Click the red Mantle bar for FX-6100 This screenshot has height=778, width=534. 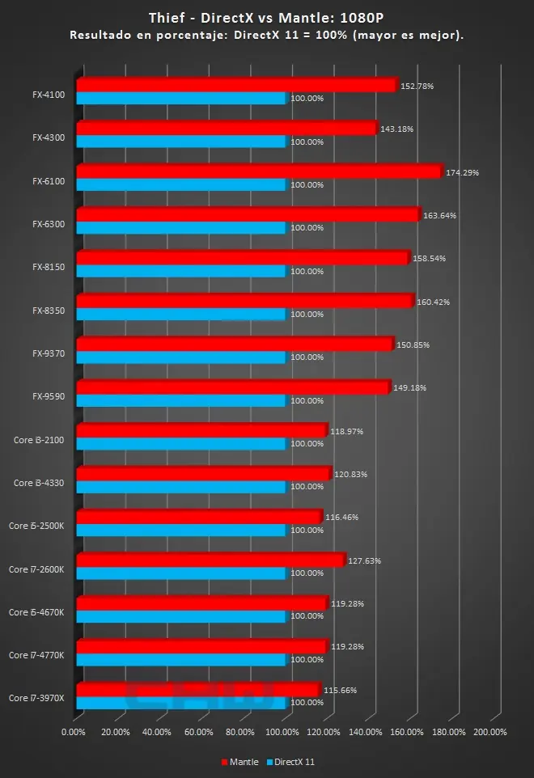tap(259, 171)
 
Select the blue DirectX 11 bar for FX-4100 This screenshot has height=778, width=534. tap(182, 99)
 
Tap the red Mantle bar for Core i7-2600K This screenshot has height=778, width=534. tap(210, 560)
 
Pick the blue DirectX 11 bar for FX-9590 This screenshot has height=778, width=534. tap(182, 400)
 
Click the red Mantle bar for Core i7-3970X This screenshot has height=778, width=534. tap(198, 689)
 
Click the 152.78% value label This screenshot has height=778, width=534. tap(417, 86)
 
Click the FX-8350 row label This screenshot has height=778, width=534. tap(49, 311)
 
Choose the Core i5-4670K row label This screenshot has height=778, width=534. tap(36, 612)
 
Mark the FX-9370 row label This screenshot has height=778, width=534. tap(49, 353)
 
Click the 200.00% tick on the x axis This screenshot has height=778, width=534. tap(489, 733)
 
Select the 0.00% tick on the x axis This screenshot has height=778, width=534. tap(74, 733)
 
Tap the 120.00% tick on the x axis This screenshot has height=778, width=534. tap(324, 733)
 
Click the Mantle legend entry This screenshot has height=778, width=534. tap(239, 761)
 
